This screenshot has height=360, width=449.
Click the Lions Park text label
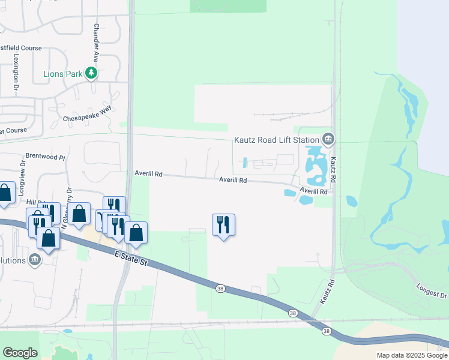click(62, 74)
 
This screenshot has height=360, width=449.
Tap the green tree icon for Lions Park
click(91, 74)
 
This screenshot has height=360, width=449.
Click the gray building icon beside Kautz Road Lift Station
click(328, 139)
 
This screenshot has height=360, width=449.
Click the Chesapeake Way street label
click(87, 115)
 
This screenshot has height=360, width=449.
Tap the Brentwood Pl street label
click(46, 157)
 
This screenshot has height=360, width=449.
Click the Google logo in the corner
click(20, 352)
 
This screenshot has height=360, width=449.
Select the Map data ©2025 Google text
click(412, 355)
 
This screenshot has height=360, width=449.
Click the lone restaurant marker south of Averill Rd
click(223, 224)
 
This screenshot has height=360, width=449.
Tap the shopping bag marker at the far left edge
click(4, 193)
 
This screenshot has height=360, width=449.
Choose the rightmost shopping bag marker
click(136, 233)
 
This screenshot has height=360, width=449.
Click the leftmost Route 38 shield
click(220, 289)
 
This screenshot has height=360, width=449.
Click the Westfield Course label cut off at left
click(21, 47)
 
